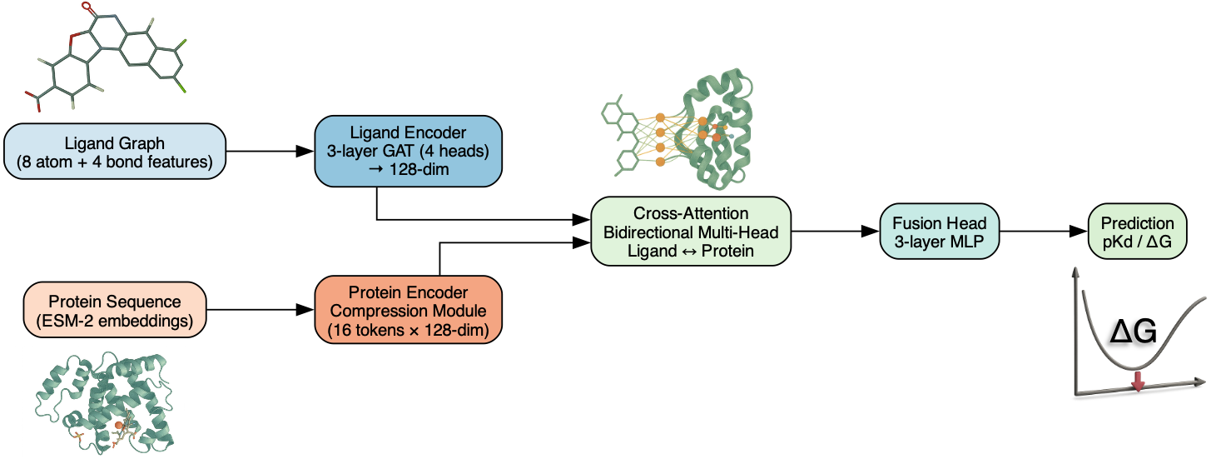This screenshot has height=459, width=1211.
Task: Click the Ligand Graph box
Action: click(114, 152)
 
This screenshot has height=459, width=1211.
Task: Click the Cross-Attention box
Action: click(690, 231)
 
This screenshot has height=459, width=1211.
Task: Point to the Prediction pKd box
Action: click(1137, 231)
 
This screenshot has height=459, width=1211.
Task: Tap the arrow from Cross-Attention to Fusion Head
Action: click(835, 231)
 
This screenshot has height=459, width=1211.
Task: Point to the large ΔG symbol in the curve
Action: click(1134, 332)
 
